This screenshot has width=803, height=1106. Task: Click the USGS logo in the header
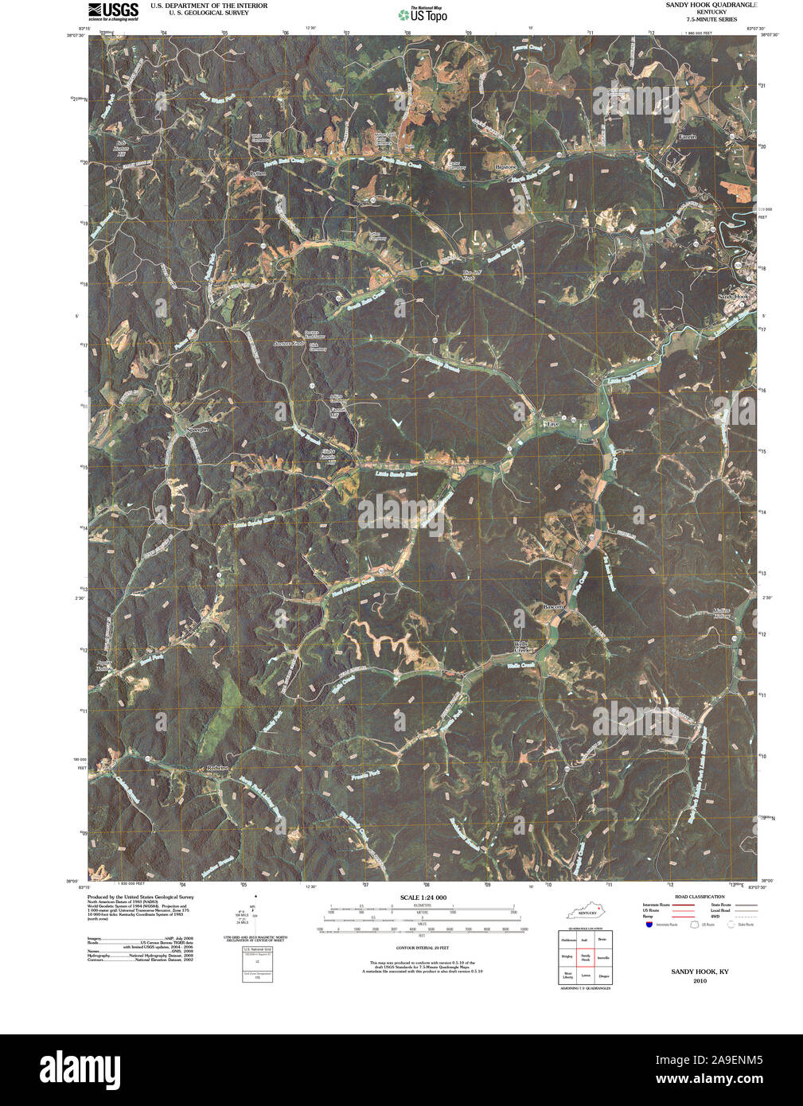113,10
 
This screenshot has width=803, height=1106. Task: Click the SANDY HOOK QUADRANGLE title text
701,6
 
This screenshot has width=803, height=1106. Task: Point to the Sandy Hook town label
734,297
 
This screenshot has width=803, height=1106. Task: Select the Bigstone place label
506,168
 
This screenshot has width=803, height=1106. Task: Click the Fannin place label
687,137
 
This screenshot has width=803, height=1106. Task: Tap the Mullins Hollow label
721,613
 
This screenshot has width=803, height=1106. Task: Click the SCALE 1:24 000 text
423,898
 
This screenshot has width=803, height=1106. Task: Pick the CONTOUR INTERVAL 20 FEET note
423,948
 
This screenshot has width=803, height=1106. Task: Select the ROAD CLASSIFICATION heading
699,897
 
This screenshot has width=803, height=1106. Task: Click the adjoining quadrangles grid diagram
585,957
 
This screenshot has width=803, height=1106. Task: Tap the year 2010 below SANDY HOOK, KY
700,981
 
